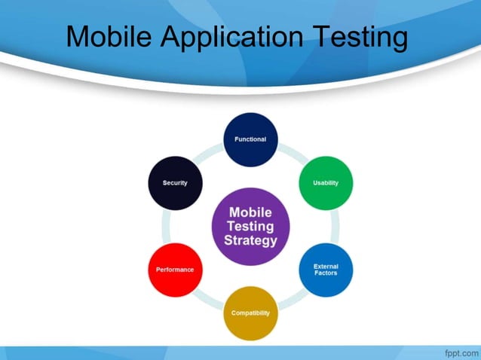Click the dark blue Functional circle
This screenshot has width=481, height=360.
250,139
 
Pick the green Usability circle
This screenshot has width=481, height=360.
326,183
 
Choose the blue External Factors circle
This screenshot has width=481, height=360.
326,270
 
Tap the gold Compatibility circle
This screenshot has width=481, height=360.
250,313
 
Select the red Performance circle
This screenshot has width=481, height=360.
175,270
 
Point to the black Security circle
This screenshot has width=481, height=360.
175,183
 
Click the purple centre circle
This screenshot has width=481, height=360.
250,226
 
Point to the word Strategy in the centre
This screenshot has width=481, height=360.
250,242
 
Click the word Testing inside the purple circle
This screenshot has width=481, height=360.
250,227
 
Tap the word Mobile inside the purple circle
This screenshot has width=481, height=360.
250,212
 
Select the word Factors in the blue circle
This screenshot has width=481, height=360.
326,273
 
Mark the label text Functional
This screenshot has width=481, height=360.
250,139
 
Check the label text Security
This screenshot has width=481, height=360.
175,183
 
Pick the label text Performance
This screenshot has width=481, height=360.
175,270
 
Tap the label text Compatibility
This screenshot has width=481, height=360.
250,313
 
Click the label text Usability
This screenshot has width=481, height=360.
326,183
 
